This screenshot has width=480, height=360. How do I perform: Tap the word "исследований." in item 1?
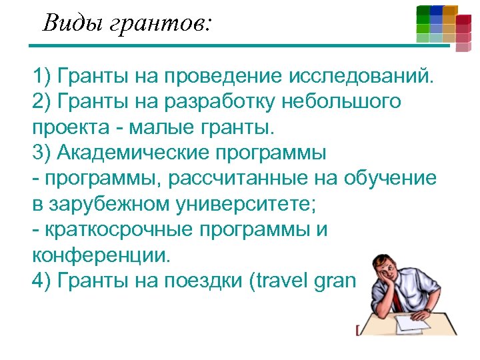(361, 79)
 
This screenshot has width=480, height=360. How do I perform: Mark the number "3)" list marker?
(41, 152)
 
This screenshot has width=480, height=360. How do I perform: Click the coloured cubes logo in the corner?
(443, 27)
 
